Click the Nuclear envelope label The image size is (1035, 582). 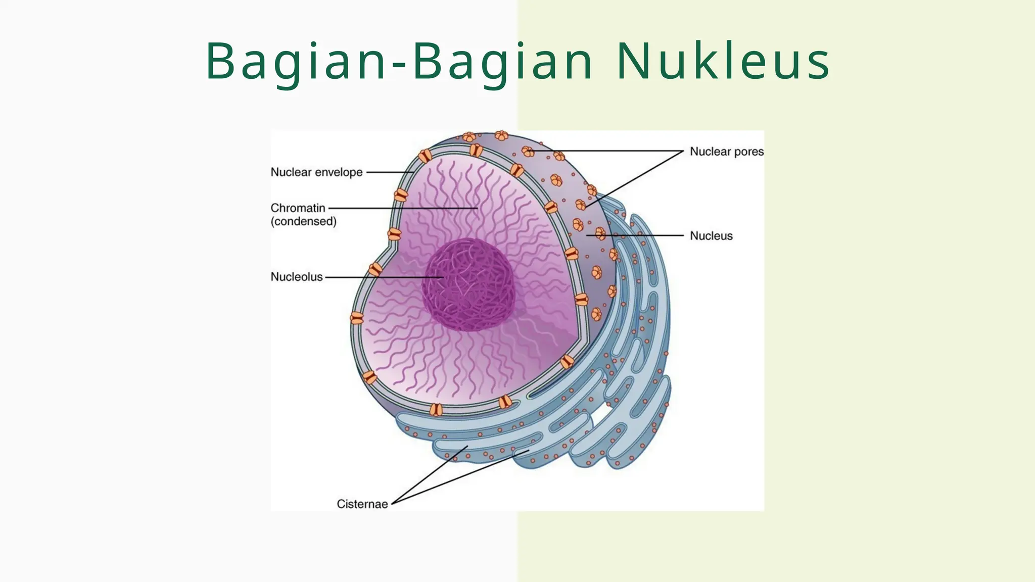point(316,172)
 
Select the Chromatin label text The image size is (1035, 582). point(298,208)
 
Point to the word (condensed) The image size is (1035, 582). point(303,221)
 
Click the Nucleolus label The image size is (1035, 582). point(296,277)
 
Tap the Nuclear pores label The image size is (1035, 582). point(726,152)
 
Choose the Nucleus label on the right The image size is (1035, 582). point(711,236)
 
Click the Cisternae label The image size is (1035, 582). point(362,504)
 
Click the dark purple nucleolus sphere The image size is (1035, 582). point(469,285)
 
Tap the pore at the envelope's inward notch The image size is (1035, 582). point(394,234)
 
